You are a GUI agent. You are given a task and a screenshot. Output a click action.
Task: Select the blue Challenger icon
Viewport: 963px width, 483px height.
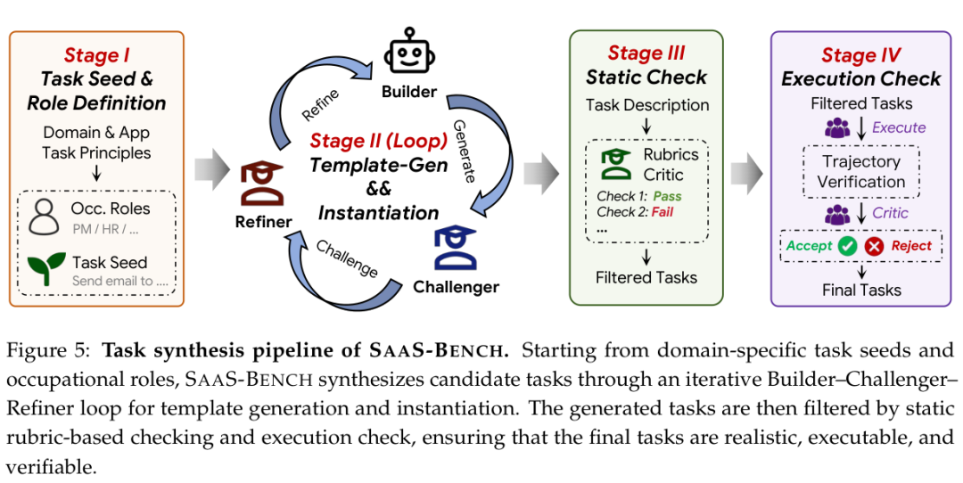(x=455, y=249)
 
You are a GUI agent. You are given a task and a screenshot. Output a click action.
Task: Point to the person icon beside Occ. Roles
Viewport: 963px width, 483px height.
(x=44, y=217)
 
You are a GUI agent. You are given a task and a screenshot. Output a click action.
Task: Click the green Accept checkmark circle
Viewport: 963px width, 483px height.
(x=847, y=246)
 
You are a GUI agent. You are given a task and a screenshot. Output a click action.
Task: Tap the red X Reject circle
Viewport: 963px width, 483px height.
(x=874, y=246)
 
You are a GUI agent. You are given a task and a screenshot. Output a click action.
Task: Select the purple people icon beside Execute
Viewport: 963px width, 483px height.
(x=837, y=127)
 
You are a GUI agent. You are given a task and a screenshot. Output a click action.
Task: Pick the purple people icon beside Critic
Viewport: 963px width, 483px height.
(x=837, y=214)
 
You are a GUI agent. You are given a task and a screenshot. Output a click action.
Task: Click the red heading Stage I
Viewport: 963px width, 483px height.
(x=96, y=55)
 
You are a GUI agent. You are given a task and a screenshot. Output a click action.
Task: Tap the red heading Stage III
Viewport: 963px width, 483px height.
(x=646, y=53)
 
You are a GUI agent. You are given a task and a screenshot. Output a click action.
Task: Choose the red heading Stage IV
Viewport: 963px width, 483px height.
(x=861, y=55)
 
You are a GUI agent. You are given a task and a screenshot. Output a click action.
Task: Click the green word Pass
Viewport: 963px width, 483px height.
(x=667, y=196)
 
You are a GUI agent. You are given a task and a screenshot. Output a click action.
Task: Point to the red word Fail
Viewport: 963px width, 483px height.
(x=662, y=212)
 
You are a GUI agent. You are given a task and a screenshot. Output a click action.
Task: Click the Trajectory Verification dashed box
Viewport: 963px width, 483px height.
(x=861, y=172)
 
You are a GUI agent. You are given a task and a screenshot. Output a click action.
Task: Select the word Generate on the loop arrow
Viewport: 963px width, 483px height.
(x=465, y=151)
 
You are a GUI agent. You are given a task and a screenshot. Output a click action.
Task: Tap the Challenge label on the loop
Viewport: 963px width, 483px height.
(x=346, y=258)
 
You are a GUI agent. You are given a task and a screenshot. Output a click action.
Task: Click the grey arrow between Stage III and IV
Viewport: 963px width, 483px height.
(x=746, y=174)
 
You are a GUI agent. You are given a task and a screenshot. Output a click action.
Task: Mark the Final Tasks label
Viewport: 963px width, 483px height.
(x=861, y=291)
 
